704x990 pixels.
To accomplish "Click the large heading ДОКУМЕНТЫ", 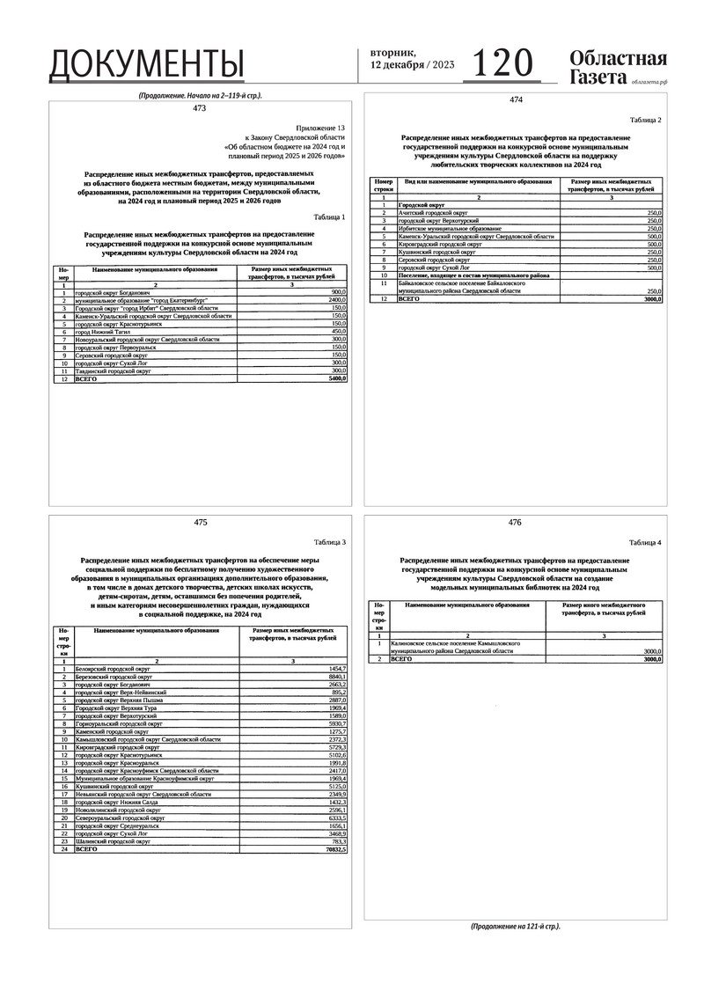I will point(146,64).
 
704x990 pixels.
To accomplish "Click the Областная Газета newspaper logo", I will point(618,68).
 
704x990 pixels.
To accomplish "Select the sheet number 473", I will point(199,108).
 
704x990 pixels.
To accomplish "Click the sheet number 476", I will point(515,523).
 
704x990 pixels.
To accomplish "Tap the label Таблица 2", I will point(646,120).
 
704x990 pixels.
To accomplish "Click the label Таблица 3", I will point(331,542).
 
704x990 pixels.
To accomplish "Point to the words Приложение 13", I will point(321,128).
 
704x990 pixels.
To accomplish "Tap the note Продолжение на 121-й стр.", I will point(515,926).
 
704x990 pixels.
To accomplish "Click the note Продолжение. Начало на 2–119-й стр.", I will point(200,95).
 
